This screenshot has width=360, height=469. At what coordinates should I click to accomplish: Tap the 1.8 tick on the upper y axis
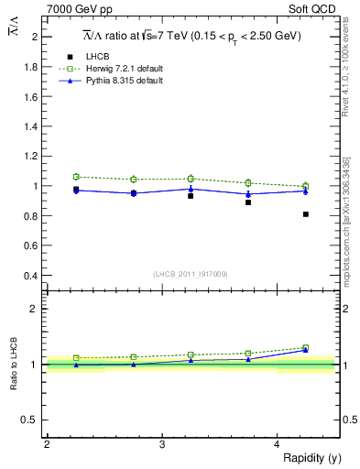(32, 67)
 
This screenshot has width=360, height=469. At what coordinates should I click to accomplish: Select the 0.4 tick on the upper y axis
(32, 275)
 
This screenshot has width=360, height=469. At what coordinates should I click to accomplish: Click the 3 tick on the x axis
(162, 444)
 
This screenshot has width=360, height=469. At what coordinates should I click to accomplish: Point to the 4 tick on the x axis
(278, 444)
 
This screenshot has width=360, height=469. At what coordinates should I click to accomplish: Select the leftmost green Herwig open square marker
(76, 177)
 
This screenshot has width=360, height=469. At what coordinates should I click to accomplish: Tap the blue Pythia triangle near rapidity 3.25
(191, 189)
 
